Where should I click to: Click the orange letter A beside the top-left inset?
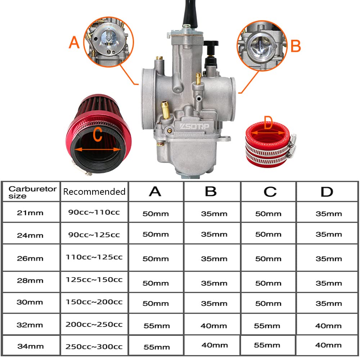pos(74,43)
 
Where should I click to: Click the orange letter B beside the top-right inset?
pos(295,46)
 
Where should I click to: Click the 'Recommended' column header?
pos(94,192)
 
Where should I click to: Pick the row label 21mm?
pos(30,212)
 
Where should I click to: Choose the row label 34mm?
pos(30,347)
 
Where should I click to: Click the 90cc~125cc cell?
pos(94,235)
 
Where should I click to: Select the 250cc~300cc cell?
pos(94,347)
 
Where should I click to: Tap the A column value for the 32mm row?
pos(156,326)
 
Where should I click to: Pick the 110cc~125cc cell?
pos(94,257)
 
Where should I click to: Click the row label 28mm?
pos(30,280)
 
